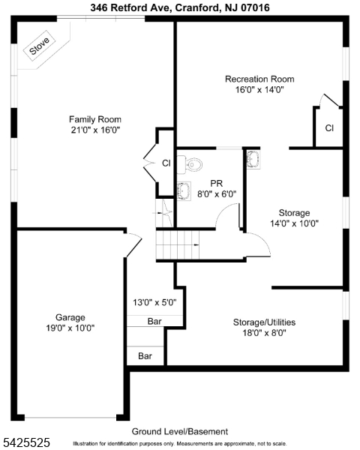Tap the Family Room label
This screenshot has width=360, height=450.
(x=95, y=119)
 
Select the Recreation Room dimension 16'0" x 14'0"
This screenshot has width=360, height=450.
(x=259, y=89)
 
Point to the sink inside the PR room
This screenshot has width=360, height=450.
(x=182, y=188)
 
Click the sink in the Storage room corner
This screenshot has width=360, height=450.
(x=253, y=157)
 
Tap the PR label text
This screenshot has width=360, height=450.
(x=217, y=182)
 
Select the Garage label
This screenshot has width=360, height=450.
(x=70, y=317)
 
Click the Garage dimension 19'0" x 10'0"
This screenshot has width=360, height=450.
(x=70, y=328)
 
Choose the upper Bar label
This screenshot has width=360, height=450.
(x=154, y=321)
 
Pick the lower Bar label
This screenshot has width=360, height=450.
(x=145, y=355)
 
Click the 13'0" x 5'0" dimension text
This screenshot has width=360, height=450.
(x=154, y=303)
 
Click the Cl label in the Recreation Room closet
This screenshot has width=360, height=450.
(x=328, y=128)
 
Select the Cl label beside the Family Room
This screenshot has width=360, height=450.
(x=166, y=163)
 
